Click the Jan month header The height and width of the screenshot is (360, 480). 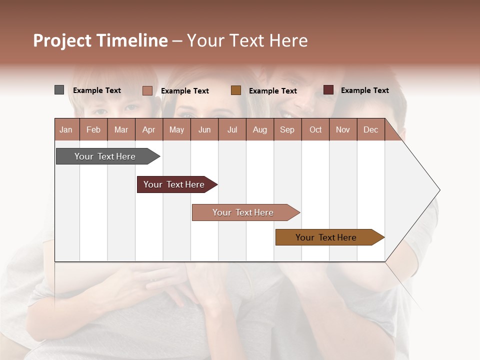click(x=66, y=129)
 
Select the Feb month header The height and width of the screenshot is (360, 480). click(x=93, y=129)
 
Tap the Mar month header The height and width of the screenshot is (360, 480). click(x=121, y=129)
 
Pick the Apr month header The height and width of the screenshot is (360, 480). click(x=148, y=129)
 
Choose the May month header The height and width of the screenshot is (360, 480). click(x=176, y=129)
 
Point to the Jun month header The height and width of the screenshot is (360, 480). click(x=204, y=129)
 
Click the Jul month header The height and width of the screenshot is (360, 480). click(x=232, y=129)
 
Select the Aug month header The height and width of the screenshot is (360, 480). click(x=260, y=129)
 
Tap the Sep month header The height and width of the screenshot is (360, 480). click(x=287, y=129)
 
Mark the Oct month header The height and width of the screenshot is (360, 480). click(x=315, y=129)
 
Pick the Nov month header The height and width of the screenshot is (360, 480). click(x=343, y=129)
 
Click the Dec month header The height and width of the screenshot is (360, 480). click(x=371, y=129)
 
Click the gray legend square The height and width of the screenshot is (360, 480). click(x=59, y=90)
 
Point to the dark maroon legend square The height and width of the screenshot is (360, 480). click(x=328, y=90)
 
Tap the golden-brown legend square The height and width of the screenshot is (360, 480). click(x=236, y=90)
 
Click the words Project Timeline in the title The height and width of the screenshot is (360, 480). click(x=100, y=40)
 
